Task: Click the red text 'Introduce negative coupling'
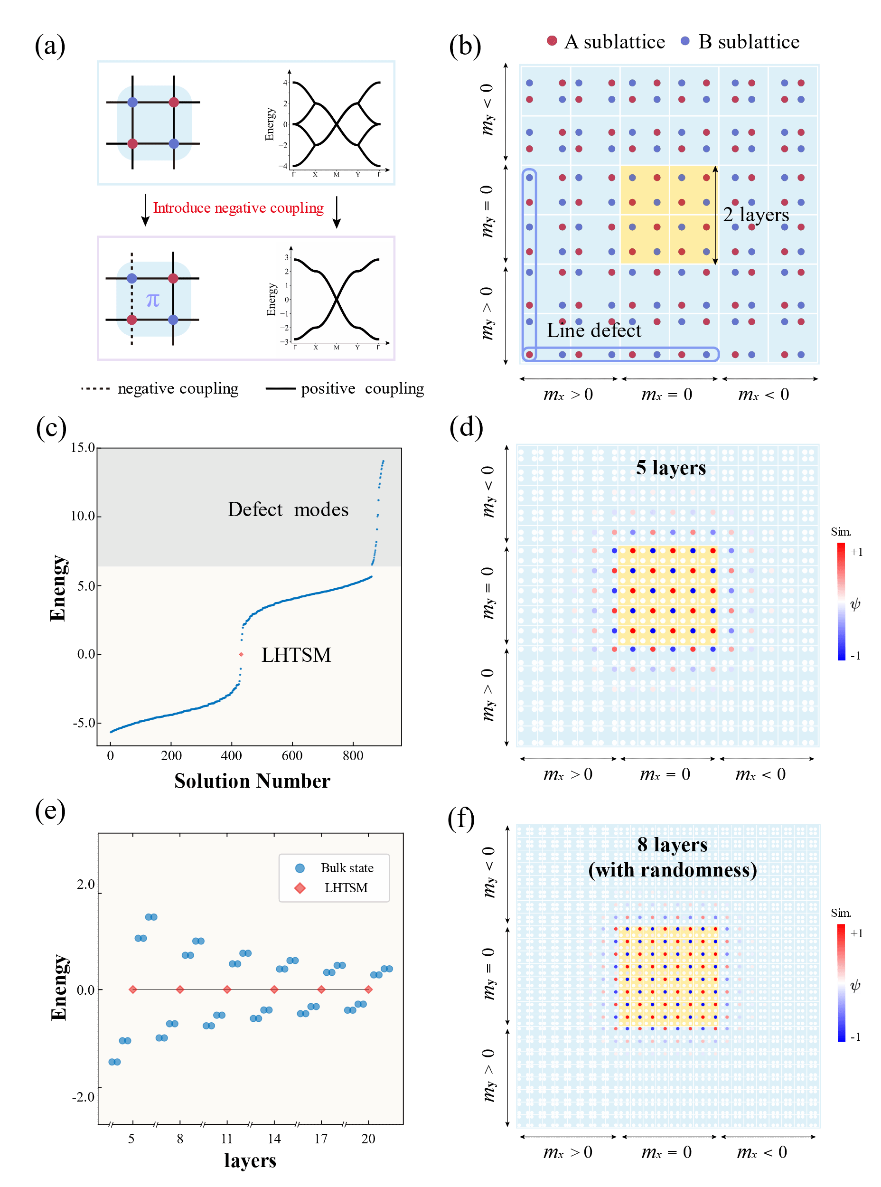pyautogui.click(x=238, y=207)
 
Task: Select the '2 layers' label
pyautogui.click(x=756, y=215)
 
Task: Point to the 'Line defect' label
pyautogui.click(x=593, y=330)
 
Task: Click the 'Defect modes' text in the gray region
pyautogui.click(x=288, y=509)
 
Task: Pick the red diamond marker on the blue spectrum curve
pyautogui.click(x=242, y=655)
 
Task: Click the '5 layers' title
pyautogui.click(x=671, y=467)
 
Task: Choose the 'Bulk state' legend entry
pyautogui.click(x=347, y=868)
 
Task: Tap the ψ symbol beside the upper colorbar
pyautogui.click(x=855, y=604)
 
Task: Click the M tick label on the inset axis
pyautogui.click(x=337, y=347)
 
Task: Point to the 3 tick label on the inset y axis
pyautogui.click(x=286, y=257)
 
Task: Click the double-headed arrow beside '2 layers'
pyautogui.click(x=715, y=215)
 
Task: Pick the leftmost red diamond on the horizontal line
pyautogui.click(x=133, y=989)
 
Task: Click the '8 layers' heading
pyautogui.click(x=673, y=845)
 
